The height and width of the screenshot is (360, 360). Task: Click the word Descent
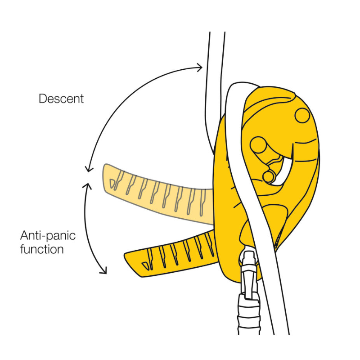tap(61, 99)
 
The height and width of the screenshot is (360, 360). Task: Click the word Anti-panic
tap(48, 235)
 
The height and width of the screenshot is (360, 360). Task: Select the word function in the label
tap(42, 248)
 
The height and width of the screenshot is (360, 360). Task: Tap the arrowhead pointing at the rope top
tap(200, 67)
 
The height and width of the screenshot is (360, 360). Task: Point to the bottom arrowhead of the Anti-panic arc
tap(104, 271)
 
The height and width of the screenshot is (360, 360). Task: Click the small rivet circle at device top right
tap(302, 115)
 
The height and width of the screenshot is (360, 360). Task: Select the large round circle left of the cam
tap(259, 145)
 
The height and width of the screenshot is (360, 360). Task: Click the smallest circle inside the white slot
tap(269, 176)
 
